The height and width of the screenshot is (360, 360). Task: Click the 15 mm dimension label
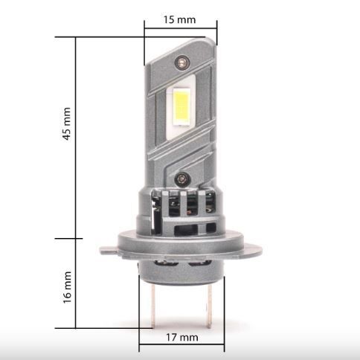tap(179, 19)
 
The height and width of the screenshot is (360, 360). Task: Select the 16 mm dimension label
tap(67, 286)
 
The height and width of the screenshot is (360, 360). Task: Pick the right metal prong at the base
tap(209, 307)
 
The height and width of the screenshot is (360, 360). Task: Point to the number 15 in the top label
tap(170, 19)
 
